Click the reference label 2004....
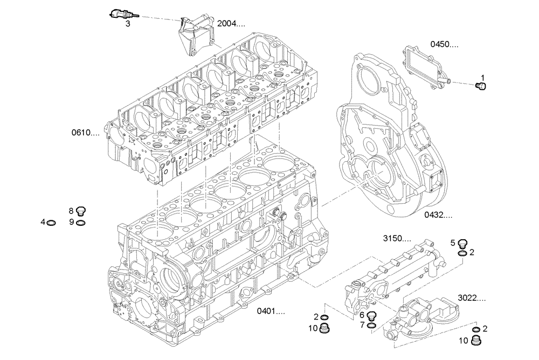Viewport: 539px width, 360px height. click(231, 24)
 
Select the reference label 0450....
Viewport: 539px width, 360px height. click(444, 44)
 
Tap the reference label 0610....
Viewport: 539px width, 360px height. click(85, 132)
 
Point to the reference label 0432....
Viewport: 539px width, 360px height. click(438, 214)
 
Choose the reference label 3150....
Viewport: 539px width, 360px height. click(397, 238)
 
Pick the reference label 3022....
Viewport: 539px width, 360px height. click(472, 297)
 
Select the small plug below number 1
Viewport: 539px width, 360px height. click(482, 86)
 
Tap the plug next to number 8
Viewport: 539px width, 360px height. click(81, 211)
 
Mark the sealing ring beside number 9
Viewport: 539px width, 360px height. click(81, 222)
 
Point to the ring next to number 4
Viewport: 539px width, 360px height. click(52, 222)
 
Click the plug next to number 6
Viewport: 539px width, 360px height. click(372, 315)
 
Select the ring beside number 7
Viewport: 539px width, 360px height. click(372, 324)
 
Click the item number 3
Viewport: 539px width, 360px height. click(127, 24)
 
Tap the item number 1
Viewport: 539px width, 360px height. click(483, 78)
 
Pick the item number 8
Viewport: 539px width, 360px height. click(71, 211)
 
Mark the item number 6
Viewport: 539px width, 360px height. click(362, 315)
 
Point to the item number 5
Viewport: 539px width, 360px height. click(453, 243)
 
